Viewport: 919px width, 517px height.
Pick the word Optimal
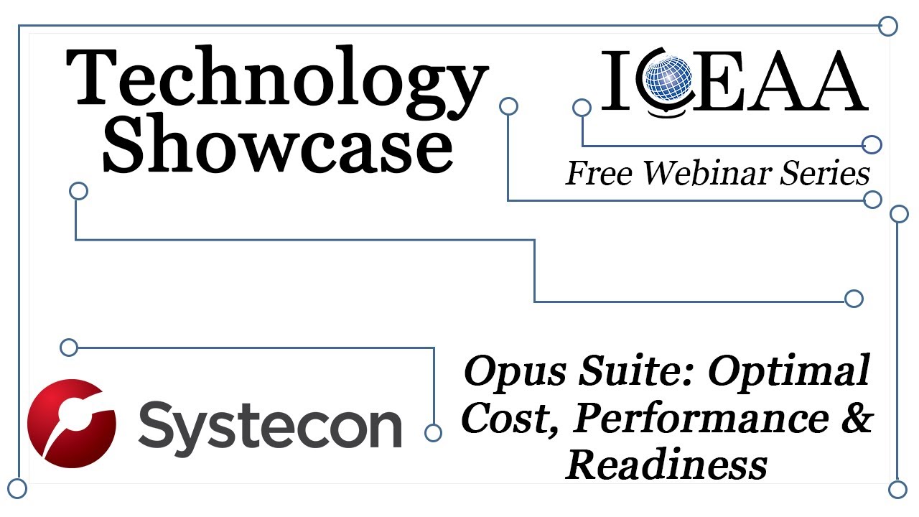(790, 372)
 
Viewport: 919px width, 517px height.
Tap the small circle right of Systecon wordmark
(433, 432)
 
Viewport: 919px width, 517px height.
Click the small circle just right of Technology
(508, 106)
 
